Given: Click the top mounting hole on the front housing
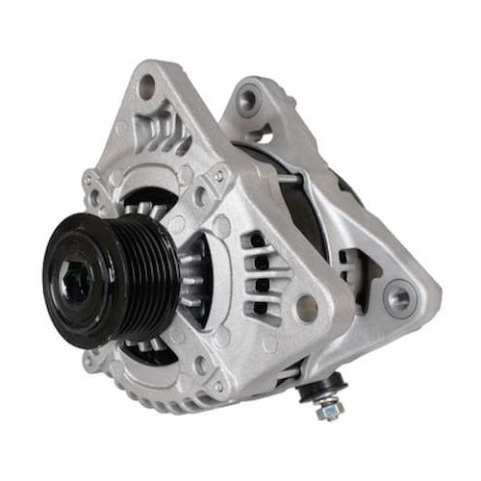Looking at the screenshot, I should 147,88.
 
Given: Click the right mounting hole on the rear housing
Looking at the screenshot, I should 396,297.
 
